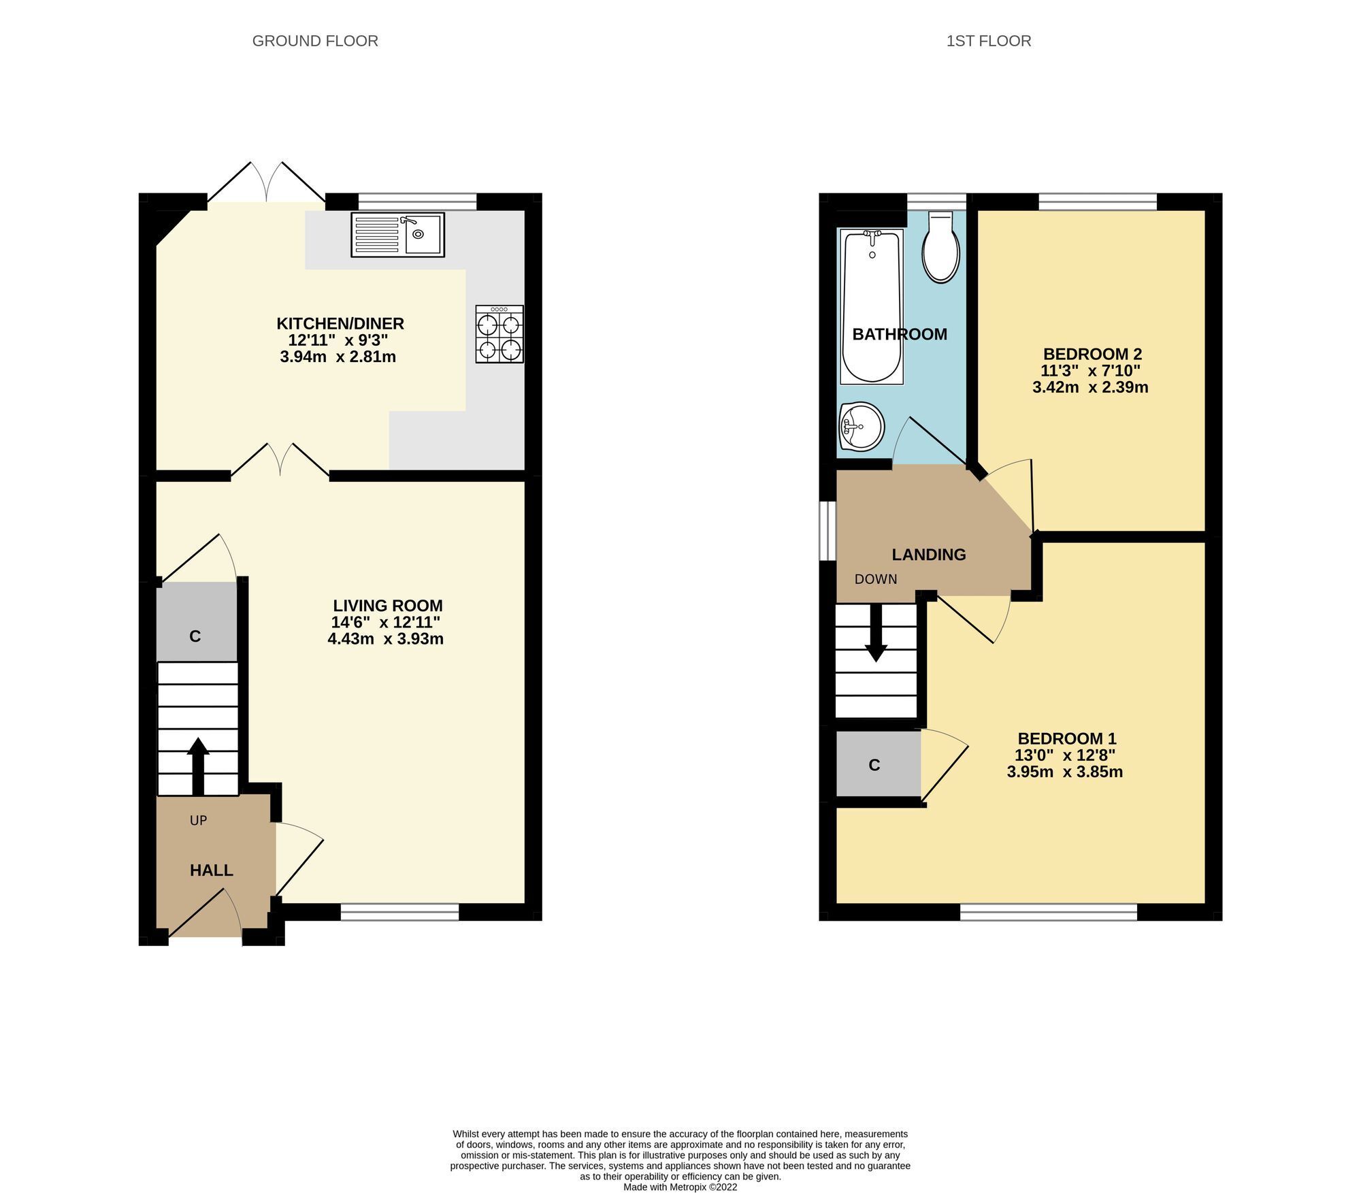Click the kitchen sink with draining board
click(397, 235)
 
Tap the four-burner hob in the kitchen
click(499, 333)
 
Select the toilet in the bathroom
click(940, 247)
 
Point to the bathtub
click(872, 306)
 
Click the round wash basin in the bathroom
click(862, 427)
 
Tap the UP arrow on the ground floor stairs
click(198, 766)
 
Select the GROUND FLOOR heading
click(315, 41)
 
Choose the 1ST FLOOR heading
click(989, 41)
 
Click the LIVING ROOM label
click(388, 605)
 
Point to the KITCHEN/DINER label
click(340, 323)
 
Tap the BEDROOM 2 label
click(1092, 354)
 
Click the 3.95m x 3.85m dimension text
click(1065, 772)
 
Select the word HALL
click(212, 870)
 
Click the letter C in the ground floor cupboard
click(195, 636)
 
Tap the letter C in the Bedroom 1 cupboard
click(874, 766)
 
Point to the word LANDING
click(929, 555)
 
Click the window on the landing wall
click(827, 531)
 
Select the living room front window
click(400, 912)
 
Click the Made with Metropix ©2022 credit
click(680, 1187)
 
